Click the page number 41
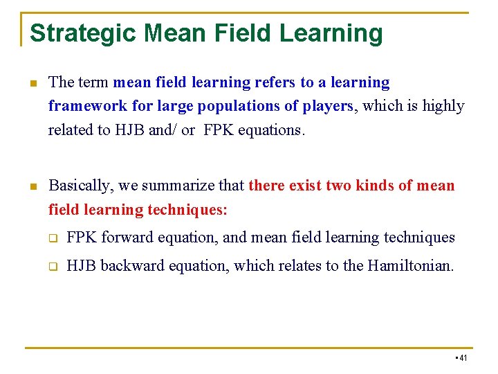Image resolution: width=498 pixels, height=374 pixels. tap(463, 357)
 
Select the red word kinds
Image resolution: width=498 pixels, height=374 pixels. tap(375, 186)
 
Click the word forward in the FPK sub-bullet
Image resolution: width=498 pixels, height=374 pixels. tap(127, 238)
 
